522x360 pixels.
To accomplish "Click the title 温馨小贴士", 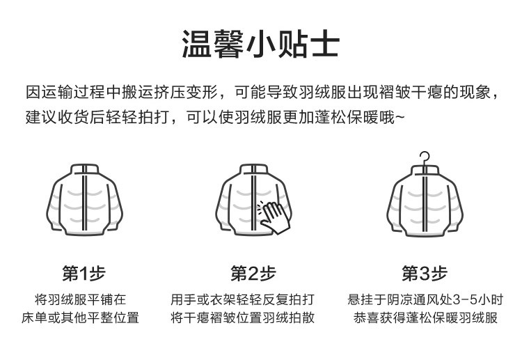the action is [x=260, y=43].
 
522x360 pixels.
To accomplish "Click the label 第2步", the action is [x=253, y=274].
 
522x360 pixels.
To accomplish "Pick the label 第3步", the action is [x=425, y=274].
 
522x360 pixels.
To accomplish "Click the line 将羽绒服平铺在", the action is [x=81, y=300].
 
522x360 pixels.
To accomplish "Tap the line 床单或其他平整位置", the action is [x=81, y=318].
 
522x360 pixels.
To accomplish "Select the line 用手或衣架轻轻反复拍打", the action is [x=243, y=300].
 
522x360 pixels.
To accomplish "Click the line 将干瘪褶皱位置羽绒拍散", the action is [x=243, y=318].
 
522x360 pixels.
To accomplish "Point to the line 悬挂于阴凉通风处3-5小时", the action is [x=425, y=300].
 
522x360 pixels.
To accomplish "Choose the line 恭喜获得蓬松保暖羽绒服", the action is [x=425, y=318].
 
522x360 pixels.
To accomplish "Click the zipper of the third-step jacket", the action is [x=425, y=205].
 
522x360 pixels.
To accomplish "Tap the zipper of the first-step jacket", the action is [x=84, y=205].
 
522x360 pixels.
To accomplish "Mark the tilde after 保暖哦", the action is [x=398, y=117].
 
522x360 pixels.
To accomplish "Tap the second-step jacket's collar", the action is [x=254, y=170].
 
